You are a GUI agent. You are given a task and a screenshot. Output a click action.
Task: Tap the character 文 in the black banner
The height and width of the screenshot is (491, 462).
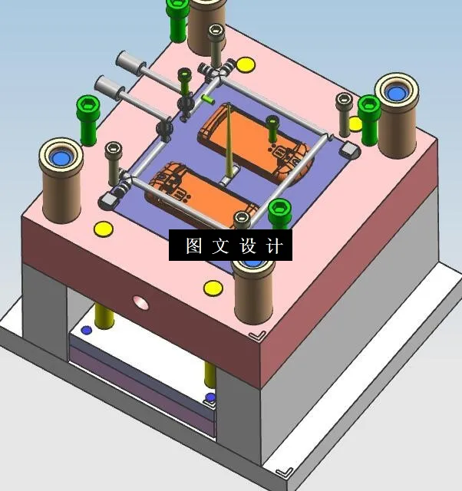pyautogui.click(x=221, y=246)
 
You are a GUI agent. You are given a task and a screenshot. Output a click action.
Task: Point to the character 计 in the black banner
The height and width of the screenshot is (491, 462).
pyautogui.click(x=276, y=246)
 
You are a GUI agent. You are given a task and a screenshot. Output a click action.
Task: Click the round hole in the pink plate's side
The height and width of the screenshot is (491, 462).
pyautogui.click(x=140, y=302)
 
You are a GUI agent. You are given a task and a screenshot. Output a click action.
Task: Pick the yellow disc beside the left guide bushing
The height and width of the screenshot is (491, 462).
pyautogui.click(x=103, y=228)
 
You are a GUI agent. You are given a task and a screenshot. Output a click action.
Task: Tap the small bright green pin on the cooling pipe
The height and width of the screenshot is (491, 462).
pyautogui.click(x=208, y=99)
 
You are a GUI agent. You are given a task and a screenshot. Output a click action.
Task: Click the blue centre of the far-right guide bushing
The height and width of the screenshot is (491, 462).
pyautogui.click(x=395, y=94)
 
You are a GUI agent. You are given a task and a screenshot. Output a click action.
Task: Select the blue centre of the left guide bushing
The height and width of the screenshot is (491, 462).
pyautogui.click(x=61, y=159)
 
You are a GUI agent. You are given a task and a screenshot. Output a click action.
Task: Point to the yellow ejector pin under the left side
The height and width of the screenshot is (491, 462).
pyautogui.click(x=104, y=315)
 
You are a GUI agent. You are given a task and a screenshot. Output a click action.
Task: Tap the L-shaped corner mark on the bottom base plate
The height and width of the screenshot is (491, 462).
pyautogui.click(x=285, y=471)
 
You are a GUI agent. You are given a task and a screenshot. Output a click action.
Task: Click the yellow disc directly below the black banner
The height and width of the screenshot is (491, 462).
pyautogui.click(x=213, y=288)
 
